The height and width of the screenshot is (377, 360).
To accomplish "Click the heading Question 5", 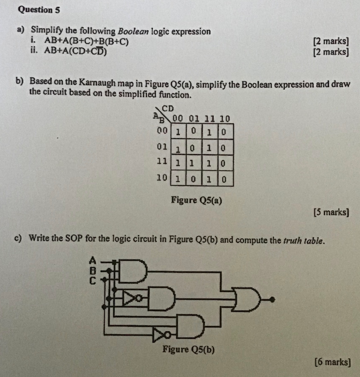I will pos(39,10).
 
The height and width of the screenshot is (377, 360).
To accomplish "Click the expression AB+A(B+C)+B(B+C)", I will pos(87,42).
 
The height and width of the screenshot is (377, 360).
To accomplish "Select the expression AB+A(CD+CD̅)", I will pos(76,52).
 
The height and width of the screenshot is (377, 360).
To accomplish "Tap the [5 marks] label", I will pos(331,212).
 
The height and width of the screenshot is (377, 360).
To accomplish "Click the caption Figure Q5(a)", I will pos(196,200).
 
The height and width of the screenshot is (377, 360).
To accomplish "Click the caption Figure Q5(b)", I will pos(188,349).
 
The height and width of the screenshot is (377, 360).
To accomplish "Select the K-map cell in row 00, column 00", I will pos(178,131).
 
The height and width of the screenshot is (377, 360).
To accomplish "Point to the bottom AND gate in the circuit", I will pos(190,326).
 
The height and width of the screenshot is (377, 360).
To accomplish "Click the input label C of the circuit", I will pos(93,281).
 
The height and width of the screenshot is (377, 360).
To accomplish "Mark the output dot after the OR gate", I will pos(272,300).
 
